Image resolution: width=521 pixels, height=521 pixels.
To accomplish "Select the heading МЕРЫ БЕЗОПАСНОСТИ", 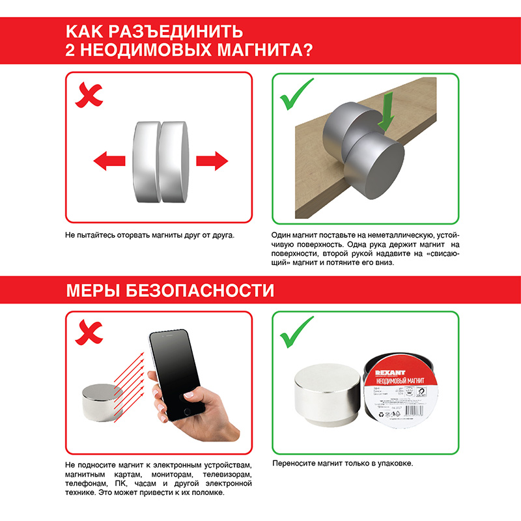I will point(170,290).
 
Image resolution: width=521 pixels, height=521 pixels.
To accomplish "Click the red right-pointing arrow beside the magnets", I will point(211,160).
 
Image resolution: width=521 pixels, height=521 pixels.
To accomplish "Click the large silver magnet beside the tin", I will point(326,397).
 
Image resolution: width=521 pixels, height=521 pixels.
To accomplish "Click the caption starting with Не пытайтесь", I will point(149,234).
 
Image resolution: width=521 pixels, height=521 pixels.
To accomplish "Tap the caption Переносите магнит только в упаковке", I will point(343,463).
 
